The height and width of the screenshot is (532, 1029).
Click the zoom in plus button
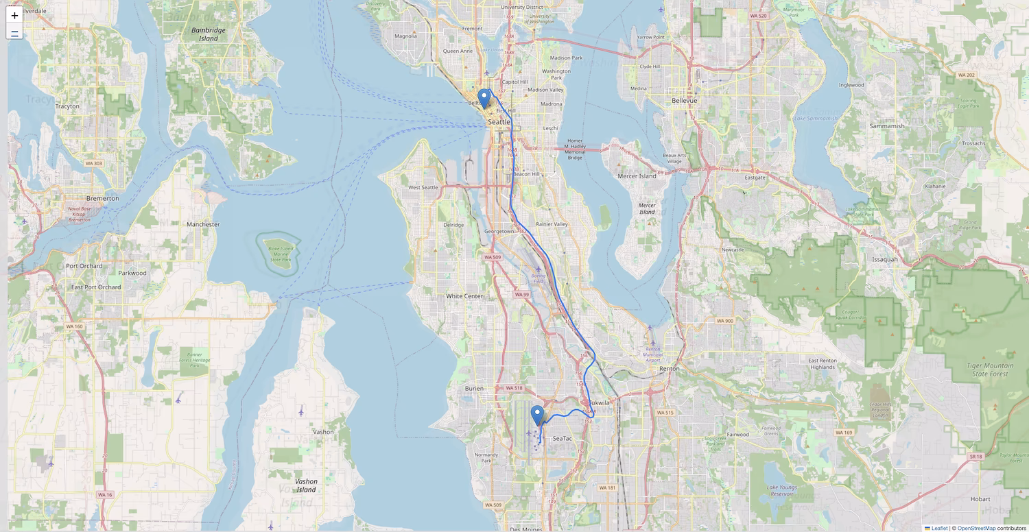pos(14,15)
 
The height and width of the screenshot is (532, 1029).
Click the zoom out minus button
pos(14,32)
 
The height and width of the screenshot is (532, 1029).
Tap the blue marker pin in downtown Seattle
pos(484,99)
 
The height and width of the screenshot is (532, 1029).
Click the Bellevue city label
pos(683,100)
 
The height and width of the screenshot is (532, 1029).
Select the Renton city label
pos(669,368)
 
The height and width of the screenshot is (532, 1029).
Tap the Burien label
pos(474,388)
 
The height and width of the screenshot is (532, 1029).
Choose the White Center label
pos(464,296)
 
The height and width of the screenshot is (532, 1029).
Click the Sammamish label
pos(887,126)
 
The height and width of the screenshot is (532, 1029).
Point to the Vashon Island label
pos(306,485)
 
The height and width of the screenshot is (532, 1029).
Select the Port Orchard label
pos(84,266)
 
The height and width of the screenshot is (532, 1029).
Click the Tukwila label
pos(598,403)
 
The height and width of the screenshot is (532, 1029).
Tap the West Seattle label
pos(423,187)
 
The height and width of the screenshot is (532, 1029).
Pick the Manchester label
pos(203,224)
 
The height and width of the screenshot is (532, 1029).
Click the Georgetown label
pos(499,232)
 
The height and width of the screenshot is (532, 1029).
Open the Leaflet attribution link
pos(939,528)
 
